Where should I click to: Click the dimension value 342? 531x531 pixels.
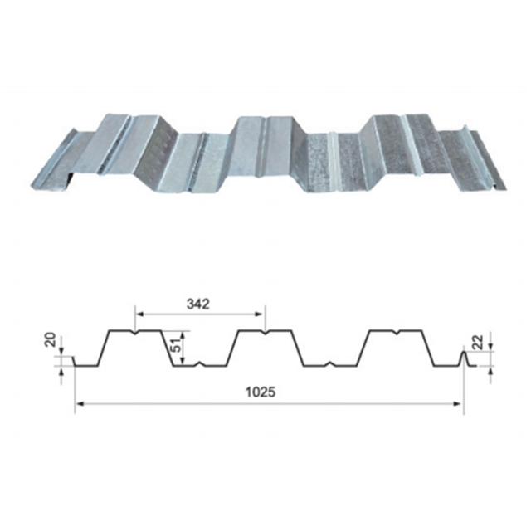[x=198, y=304]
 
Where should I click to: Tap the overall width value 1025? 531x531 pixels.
[x=261, y=392]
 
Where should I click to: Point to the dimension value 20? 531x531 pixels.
[x=50, y=339]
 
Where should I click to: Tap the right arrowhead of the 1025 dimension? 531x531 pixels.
[x=457, y=403]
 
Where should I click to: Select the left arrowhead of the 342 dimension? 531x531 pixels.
[x=139, y=314]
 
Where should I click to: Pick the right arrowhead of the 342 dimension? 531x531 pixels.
[x=260, y=314]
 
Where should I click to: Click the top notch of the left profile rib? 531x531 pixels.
[x=135, y=333]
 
